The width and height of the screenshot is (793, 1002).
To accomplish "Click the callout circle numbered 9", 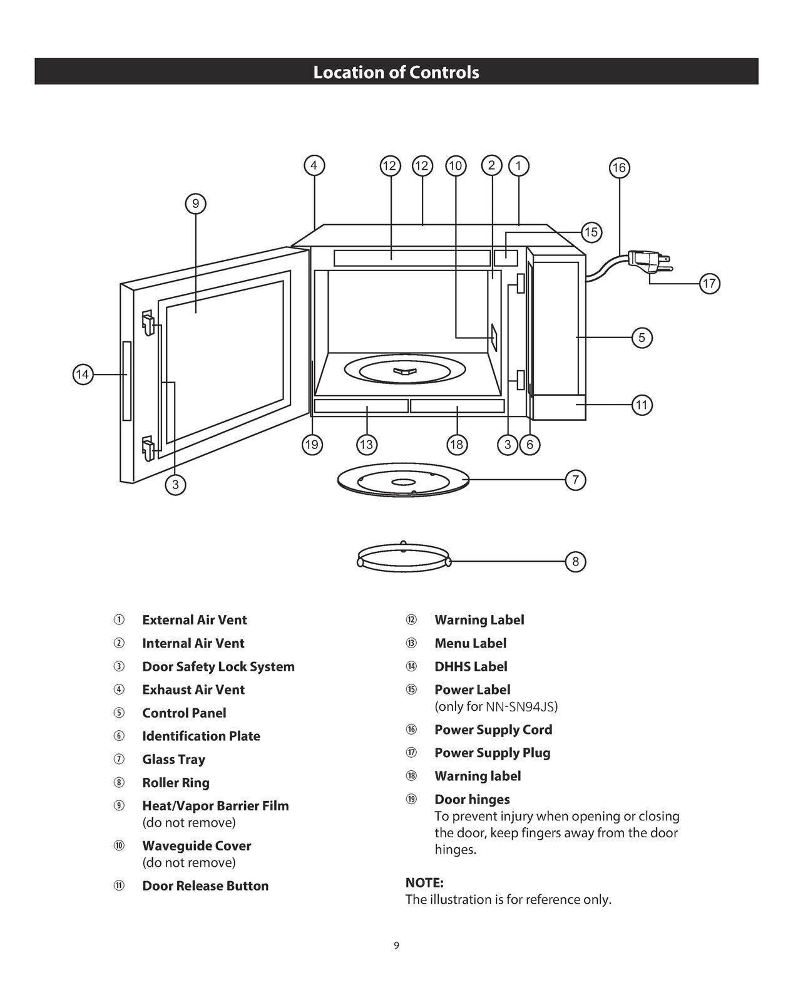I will (x=196, y=204).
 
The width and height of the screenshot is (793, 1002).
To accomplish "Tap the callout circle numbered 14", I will (x=83, y=374).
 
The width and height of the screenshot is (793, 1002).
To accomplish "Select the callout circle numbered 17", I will (x=709, y=284).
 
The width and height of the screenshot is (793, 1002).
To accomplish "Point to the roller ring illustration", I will (x=404, y=556).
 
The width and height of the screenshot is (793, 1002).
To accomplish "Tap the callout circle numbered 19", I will (x=311, y=445).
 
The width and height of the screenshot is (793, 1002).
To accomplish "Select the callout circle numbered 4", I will (x=314, y=165).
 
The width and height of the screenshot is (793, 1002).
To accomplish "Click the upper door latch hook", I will (x=148, y=323).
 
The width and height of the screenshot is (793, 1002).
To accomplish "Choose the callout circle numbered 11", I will (x=642, y=405).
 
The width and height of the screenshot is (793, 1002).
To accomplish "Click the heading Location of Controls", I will (x=396, y=72).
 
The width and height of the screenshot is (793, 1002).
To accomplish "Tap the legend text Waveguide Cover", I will (x=197, y=845).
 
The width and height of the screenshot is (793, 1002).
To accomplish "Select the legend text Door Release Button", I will (x=205, y=886).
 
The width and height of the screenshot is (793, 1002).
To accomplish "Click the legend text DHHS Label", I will (x=471, y=666).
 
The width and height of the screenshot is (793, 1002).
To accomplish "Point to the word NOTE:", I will (x=424, y=882).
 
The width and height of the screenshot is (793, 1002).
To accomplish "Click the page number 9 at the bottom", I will (x=396, y=945).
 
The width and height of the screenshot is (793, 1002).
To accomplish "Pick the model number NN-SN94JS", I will (x=520, y=706).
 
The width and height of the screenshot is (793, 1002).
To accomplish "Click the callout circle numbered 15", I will (x=591, y=232).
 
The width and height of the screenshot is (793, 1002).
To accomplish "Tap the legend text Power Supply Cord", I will (x=493, y=730).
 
